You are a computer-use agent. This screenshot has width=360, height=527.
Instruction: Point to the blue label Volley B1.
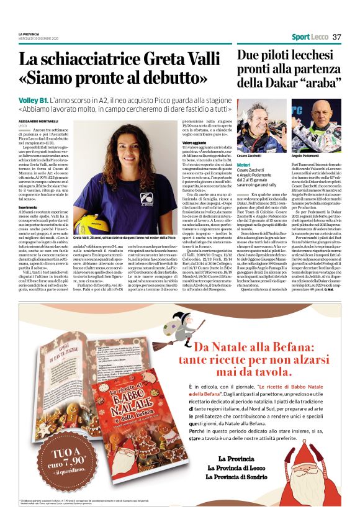coord(34,100)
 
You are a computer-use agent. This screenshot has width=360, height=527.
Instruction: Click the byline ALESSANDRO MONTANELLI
coord(37,120)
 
